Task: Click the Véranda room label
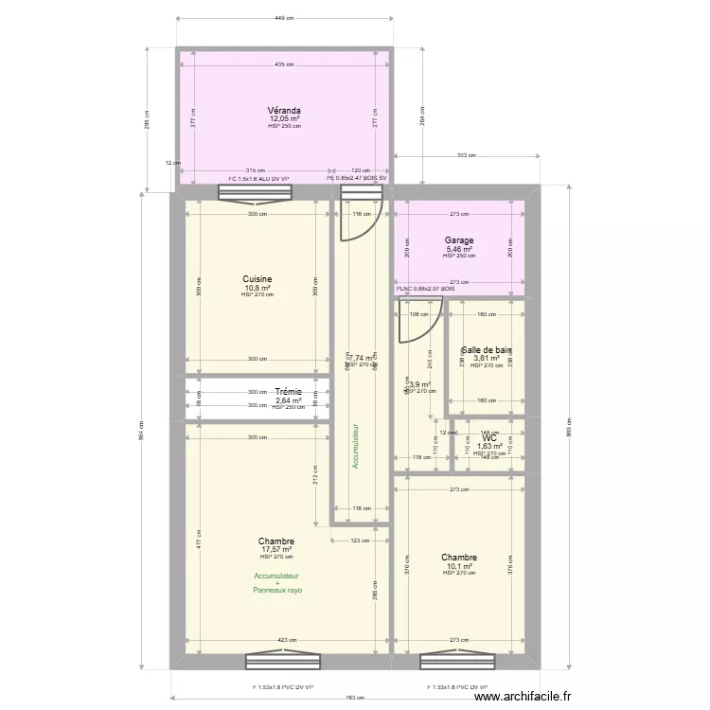coord(284,110)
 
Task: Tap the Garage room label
coord(459,240)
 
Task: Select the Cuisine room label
coord(257,279)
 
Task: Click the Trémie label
coord(289,391)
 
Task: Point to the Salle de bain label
coord(487,349)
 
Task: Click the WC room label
coord(489,438)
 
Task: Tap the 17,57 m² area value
coord(275,549)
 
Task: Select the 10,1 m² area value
coord(459,566)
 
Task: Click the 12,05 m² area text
coord(284,118)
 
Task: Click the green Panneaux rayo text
coord(276,590)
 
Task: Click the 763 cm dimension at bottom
coord(355,698)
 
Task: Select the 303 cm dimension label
coord(465,155)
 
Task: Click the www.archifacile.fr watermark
coord(523,697)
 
